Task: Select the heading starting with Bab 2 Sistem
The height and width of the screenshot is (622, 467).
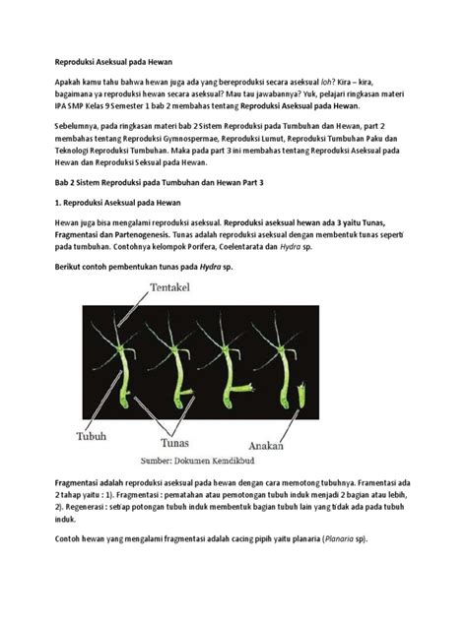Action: coord(182,182)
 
